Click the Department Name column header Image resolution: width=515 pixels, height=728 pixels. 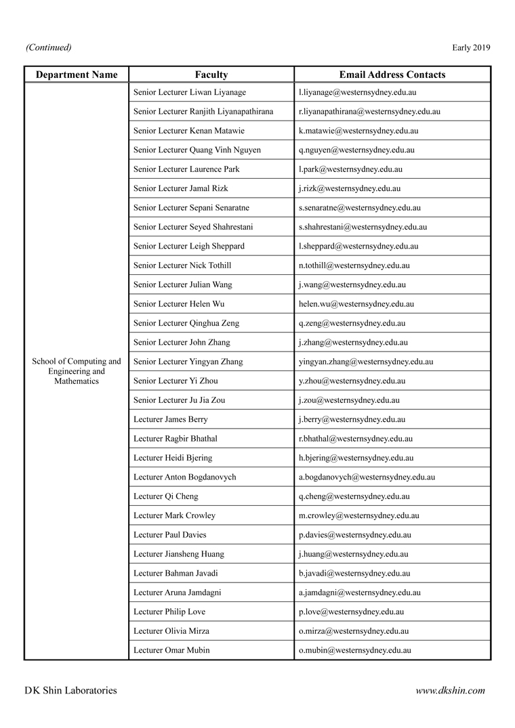[77, 74]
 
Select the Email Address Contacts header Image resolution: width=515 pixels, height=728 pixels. [392, 74]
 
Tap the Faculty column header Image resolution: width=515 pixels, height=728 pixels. [211, 74]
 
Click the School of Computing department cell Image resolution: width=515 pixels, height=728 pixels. [77, 371]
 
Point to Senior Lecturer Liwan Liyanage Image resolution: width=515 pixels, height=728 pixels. [190, 92]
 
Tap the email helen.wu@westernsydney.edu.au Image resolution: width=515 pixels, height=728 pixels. [356, 304]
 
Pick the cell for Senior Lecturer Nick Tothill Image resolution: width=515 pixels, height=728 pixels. [182, 265]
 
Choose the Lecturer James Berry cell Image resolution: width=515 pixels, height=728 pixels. [171, 419]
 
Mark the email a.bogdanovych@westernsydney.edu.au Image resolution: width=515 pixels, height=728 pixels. [367, 477]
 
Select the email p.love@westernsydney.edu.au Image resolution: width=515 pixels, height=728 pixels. [351, 612]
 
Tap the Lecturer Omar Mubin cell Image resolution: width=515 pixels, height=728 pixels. [171, 650]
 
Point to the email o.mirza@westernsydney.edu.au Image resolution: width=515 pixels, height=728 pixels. [353, 631]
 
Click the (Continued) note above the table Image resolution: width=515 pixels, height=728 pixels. [49, 47]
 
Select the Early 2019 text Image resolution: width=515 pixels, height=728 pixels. [471, 47]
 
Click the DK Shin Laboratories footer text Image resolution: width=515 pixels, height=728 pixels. [70, 691]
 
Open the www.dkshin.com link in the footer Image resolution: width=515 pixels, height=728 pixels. [450, 691]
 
